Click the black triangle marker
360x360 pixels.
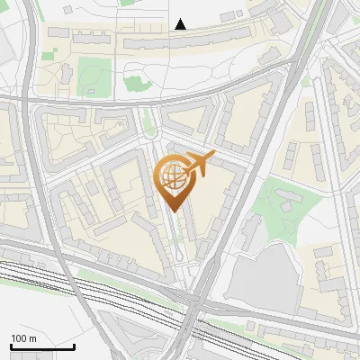pyautogui.click(x=181, y=24)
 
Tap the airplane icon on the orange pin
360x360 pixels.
pyautogui.click(x=199, y=163)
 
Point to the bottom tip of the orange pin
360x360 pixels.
pyautogui.click(x=173, y=212)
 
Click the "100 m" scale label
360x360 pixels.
pyautogui.click(x=24, y=337)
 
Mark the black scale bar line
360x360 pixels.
pyautogui.click(x=42, y=346)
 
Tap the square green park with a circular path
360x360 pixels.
pyautogui.click(x=94, y=76)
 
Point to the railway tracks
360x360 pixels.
pyautogui.click(x=90, y=286)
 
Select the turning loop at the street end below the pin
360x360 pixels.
pyautogui.click(x=185, y=261)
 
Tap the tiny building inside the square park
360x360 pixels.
pyautogui.click(x=94, y=89)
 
